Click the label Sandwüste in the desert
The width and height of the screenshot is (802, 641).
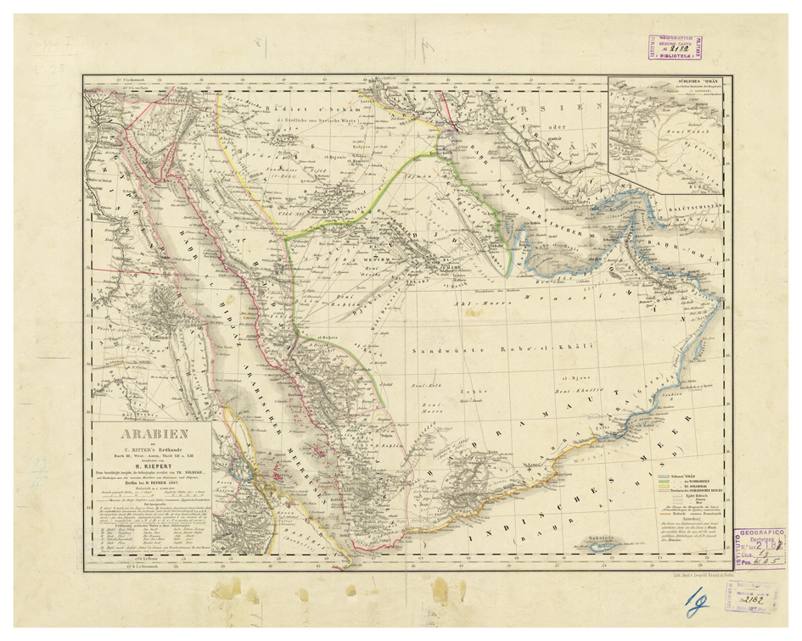pos(440,349)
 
